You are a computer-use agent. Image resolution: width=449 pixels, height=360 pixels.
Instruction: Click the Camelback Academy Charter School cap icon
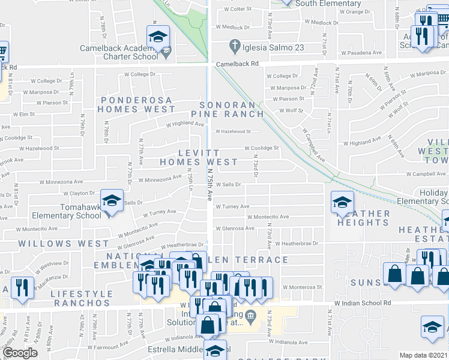point(158,38)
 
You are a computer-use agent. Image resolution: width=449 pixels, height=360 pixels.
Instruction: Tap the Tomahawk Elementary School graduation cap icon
point(111,202)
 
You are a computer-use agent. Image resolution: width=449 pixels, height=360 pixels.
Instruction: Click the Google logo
point(20,353)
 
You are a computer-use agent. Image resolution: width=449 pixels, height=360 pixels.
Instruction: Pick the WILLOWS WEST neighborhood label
point(55,244)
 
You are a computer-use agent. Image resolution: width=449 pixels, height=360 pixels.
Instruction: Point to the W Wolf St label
point(292,110)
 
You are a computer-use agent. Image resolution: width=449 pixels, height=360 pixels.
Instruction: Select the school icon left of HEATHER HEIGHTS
point(342,203)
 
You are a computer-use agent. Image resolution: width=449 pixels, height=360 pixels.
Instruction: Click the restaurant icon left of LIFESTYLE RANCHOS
point(20,287)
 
